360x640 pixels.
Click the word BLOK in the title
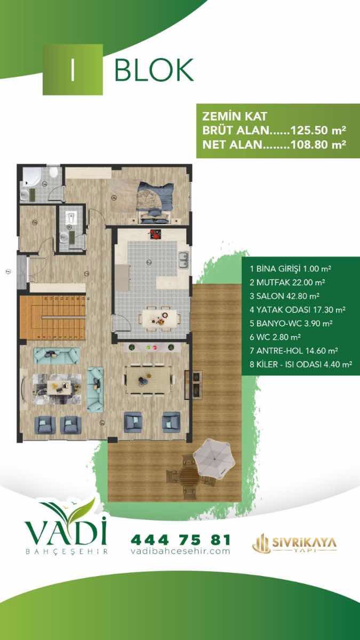154,70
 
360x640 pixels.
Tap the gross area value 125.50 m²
318,130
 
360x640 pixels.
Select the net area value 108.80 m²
318,145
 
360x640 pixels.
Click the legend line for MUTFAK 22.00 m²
287,282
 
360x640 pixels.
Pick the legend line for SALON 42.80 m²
284,296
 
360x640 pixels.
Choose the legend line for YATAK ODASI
298,310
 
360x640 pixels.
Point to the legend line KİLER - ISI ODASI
301,364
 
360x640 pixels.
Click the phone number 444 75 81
181,540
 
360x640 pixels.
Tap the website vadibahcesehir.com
180,551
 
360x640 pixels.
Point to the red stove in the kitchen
155,234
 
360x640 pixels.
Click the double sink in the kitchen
183,260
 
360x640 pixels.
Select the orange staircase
53,317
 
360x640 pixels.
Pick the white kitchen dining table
159,318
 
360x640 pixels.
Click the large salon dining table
149,379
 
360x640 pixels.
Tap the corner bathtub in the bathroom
32,177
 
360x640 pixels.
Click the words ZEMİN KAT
235,116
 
